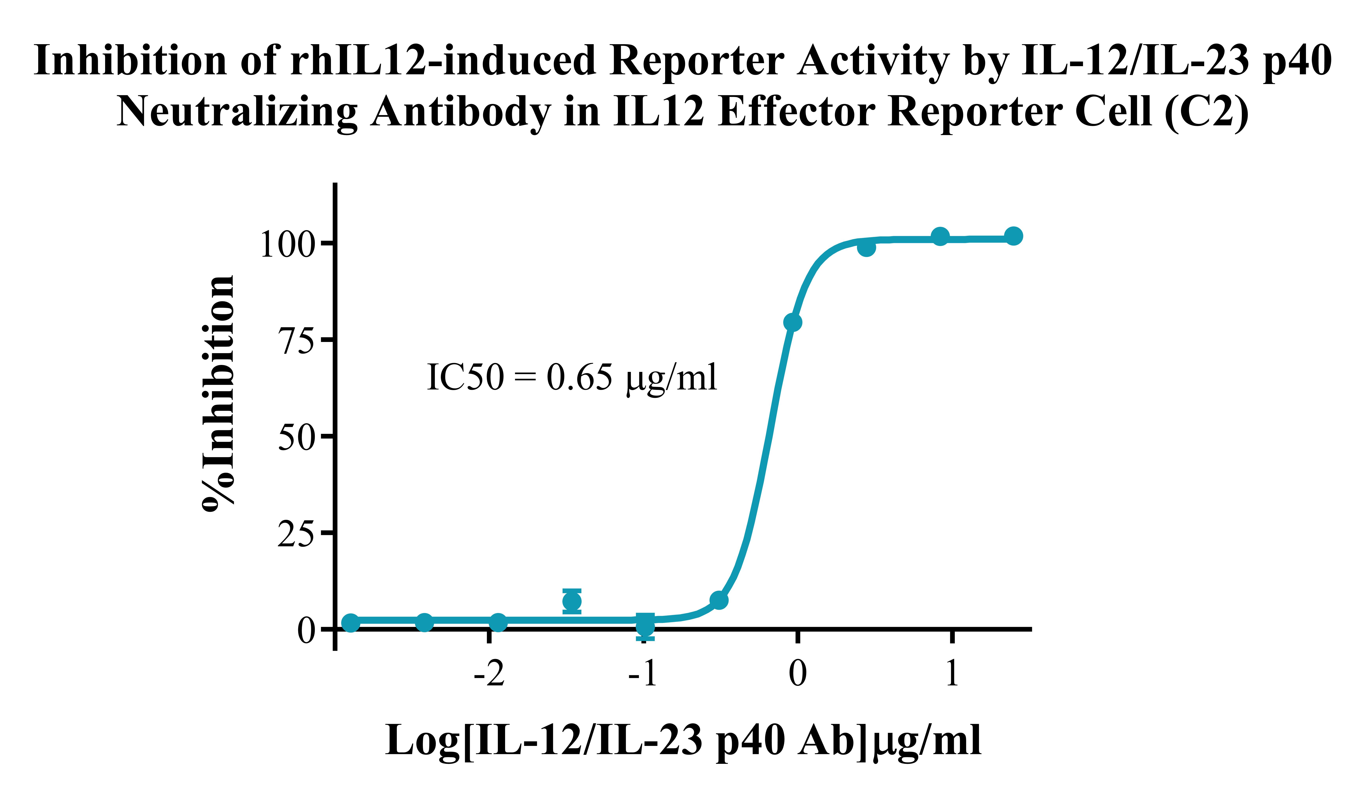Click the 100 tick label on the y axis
coord(287,245)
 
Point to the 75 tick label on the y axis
coord(297,341)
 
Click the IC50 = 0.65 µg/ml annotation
coord(572,378)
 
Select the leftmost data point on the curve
coord(351,623)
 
